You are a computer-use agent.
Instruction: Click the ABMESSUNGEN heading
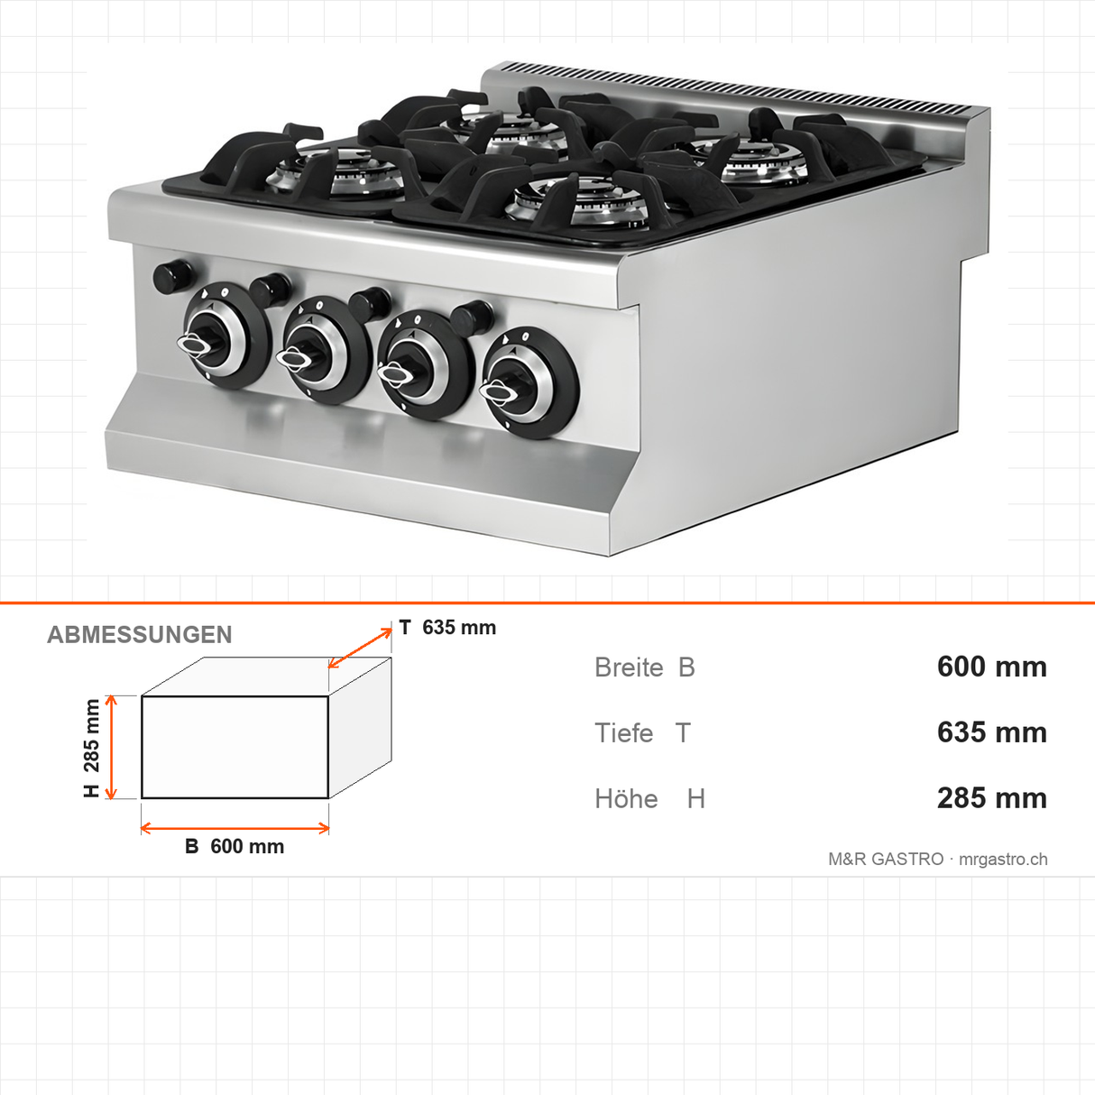(139, 635)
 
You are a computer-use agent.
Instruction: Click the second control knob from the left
(326, 350)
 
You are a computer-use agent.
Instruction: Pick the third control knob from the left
(427, 365)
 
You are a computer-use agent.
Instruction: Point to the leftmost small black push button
(172, 276)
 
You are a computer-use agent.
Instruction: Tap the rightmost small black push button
(474, 317)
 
